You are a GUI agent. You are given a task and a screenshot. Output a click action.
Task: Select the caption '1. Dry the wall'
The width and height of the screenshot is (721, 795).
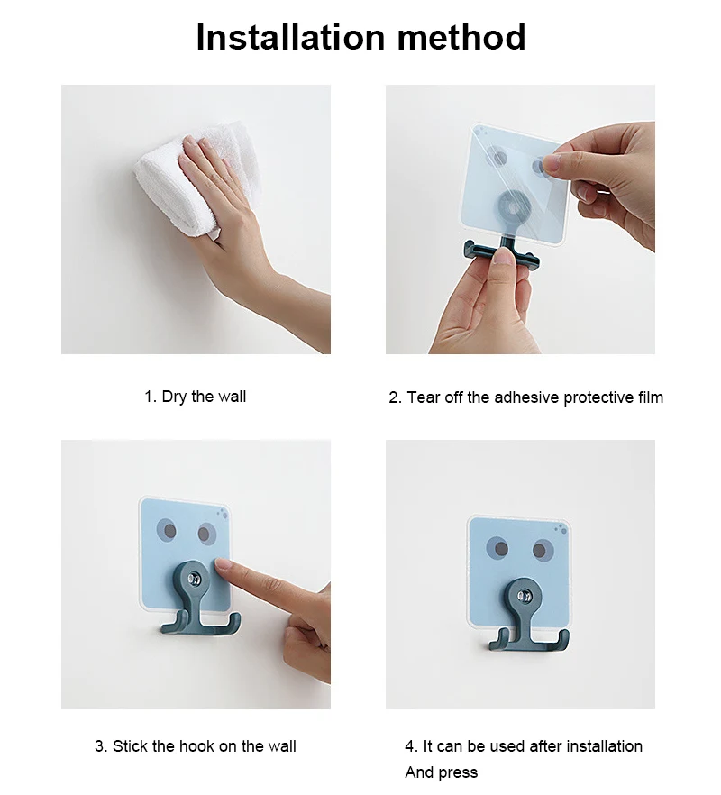pos(195,397)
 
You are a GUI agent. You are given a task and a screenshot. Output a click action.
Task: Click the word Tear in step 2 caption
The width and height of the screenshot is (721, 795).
pos(424,397)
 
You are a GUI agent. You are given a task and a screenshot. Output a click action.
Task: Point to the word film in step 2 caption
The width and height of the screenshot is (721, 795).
pos(647,397)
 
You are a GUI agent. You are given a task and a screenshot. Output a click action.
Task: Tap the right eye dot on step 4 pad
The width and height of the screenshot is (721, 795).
pos(541,550)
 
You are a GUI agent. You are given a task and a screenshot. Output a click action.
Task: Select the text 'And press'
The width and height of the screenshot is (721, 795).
pos(441,772)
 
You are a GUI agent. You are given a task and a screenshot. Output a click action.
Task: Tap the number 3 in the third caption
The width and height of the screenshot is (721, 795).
pos(99,746)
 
